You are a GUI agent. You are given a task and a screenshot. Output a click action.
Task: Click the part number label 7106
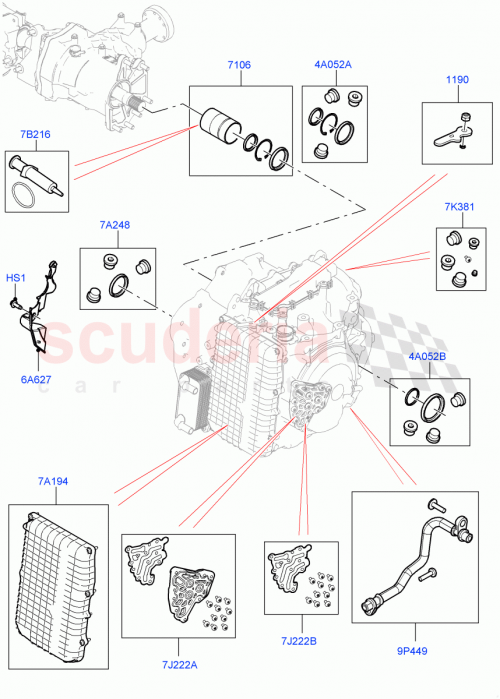(x=238, y=65)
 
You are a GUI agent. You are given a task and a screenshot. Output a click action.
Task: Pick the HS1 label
(x=17, y=277)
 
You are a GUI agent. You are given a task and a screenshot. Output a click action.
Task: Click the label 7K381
(x=458, y=209)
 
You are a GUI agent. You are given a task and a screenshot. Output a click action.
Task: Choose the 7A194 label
(x=54, y=483)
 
